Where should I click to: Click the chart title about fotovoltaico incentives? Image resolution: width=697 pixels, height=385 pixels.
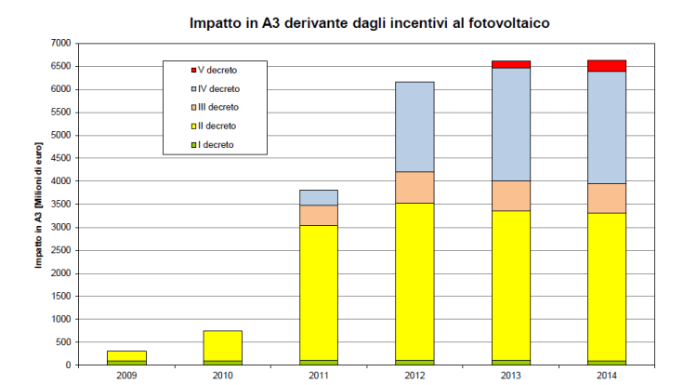pos(371,21)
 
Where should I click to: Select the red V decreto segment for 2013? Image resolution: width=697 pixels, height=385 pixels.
pos(510,64)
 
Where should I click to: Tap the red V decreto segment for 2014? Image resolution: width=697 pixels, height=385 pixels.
pos(606,65)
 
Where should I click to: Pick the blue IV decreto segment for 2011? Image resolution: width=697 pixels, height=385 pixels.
pos(319,197)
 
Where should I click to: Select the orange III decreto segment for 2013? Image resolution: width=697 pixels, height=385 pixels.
pos(510,195)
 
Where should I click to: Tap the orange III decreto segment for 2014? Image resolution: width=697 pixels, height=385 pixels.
pos(606,198)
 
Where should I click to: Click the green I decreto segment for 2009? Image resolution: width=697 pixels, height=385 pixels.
pos(126,362)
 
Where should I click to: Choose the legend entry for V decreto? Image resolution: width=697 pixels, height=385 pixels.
pos(215,71)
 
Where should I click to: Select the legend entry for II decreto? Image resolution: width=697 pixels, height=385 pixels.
pos(215,126)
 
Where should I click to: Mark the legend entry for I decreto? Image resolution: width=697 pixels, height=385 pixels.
pos(214,144)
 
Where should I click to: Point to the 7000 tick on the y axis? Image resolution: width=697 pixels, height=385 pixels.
pos(60,44)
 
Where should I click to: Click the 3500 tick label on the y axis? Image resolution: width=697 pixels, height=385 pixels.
pos(60,205)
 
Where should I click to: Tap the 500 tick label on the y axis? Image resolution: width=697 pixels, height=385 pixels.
pos(63,342)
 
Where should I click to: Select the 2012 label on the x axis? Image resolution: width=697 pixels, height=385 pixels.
pos(414,376)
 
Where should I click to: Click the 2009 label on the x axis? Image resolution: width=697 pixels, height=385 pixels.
pos(126,376)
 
